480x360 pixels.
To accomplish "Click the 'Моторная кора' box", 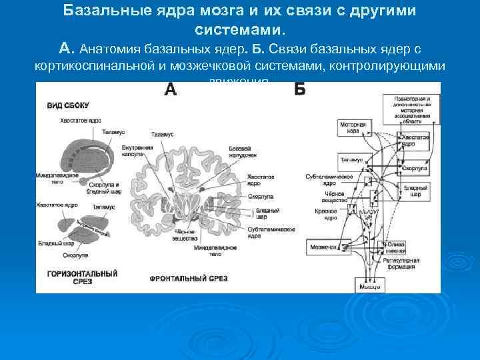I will point(353,127).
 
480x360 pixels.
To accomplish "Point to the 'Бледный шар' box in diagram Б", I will point(411,192).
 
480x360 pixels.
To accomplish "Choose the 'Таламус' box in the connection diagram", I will point(352,160).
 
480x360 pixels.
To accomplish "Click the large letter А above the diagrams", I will point(171,90).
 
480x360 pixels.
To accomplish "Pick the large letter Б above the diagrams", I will point(299,90).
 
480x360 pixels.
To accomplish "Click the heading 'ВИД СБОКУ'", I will point(67,105).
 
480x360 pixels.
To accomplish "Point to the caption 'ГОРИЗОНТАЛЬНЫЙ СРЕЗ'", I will point(83,277).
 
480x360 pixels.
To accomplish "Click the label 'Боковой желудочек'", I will point(239,150).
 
